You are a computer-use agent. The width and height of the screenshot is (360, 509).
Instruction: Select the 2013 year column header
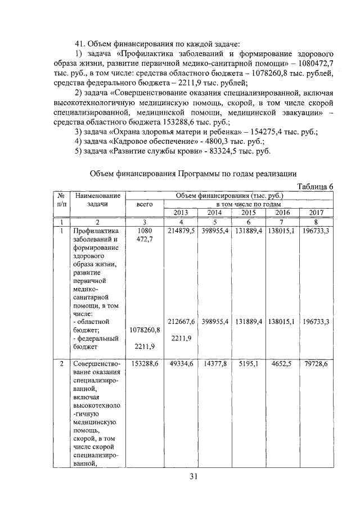[x=181, y=212]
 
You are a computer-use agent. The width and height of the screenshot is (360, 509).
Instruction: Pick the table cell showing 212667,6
[x=181, y=322]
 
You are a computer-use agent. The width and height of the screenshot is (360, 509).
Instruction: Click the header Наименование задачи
[x=97, y=200]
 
